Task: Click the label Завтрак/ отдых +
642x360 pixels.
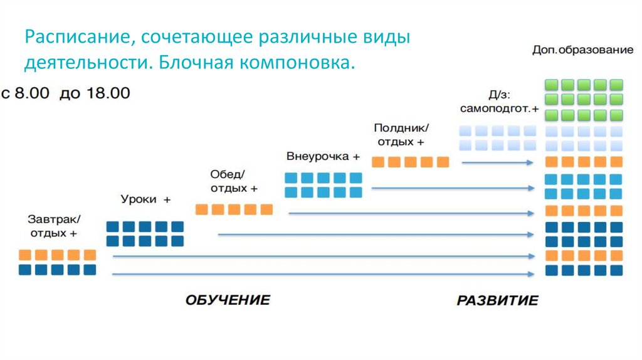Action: [54, 226]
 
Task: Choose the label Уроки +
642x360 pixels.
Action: [145, 199]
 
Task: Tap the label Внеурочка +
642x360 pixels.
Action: [324, 156]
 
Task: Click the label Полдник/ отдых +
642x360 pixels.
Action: [404, 135]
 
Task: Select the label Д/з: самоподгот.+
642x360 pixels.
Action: [499, 102]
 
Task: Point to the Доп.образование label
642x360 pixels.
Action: [582, 50]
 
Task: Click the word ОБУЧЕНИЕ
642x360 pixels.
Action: [228, 300]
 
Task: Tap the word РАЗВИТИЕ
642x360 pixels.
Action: [497, 300]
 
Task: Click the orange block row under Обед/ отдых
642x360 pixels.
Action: [234, 209]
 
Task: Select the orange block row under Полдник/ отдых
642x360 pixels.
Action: [411, 162]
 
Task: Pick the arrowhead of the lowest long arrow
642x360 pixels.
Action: [532, 273]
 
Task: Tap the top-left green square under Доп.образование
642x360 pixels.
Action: [552, 85]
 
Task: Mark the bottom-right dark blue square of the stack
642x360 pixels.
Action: [616, 270]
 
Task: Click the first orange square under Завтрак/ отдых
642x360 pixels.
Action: [25, 255]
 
